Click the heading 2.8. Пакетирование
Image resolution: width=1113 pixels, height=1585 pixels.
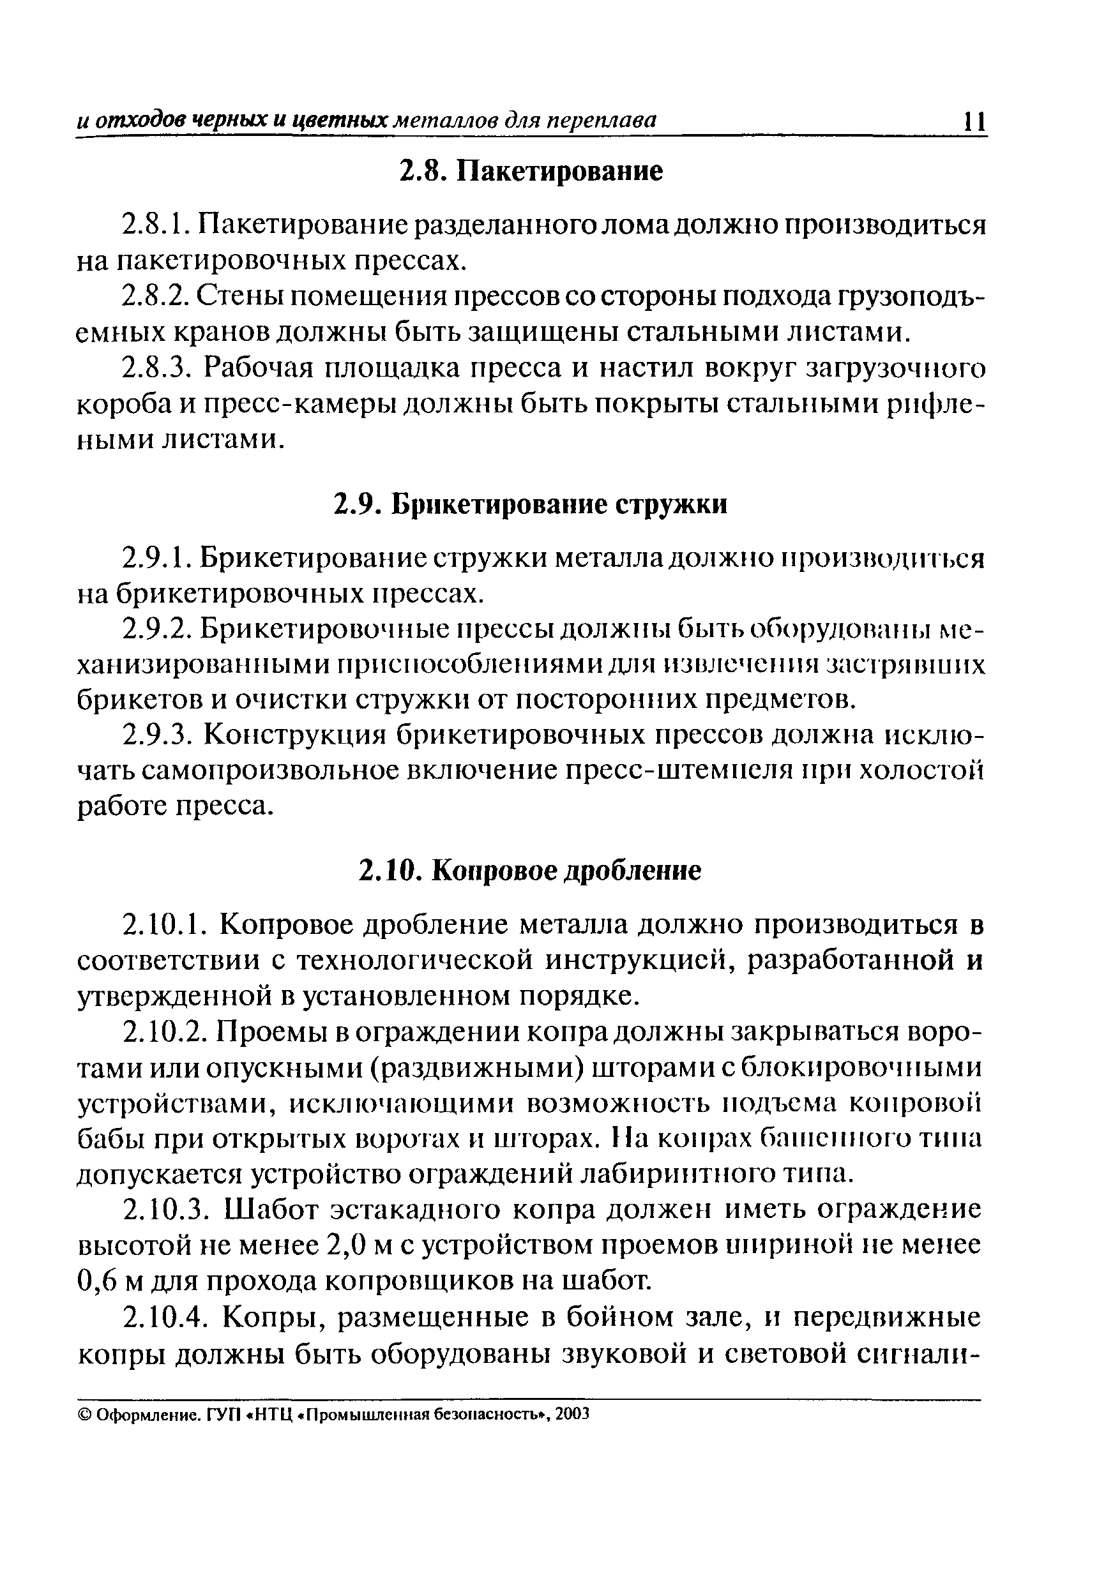532,171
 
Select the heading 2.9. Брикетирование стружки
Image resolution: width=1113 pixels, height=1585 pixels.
531,505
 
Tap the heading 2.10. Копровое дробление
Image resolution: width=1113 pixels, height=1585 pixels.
530,871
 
